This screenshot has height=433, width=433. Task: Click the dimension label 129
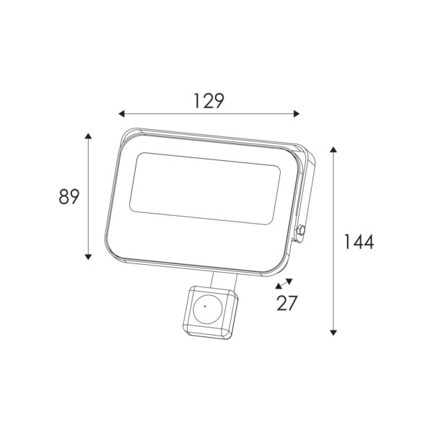pyautogui.click(x=209, y=101)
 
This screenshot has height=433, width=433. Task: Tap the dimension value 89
pyautogui.click(x=69, y=196)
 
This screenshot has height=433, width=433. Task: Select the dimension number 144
pyautogui.click(x=359, y=241)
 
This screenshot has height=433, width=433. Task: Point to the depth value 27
pyautogui.click(x=287, y=303)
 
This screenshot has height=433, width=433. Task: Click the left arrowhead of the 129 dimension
pyautogui.click(x=121, y=113)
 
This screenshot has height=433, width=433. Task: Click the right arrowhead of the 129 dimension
pyautogui.click(x=297, y=113)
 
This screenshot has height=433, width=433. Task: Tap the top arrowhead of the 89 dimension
pyautogui.click(x=88, y=136)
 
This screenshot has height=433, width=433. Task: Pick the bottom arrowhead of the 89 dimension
pyautogui.click(x=88, y=257)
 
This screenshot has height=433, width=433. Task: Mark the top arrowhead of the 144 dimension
pyautogui.click(x=333, y=150)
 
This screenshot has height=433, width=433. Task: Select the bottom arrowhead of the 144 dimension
pyautogui.click(x=333, y=332)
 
